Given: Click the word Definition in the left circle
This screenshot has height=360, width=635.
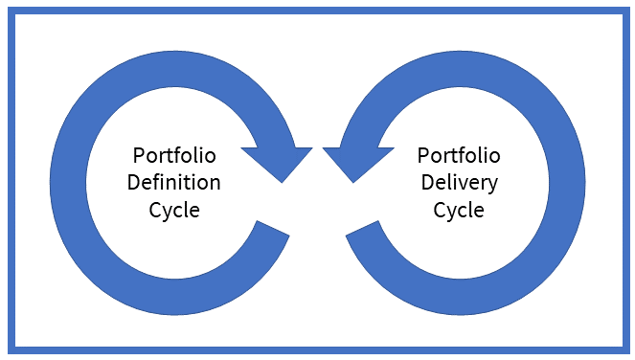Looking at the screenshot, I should [175, 182].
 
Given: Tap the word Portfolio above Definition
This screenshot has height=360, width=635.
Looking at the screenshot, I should [175, 155].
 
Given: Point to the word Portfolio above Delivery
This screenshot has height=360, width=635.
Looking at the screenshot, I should [458, 155].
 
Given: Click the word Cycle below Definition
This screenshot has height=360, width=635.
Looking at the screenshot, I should [175, 209].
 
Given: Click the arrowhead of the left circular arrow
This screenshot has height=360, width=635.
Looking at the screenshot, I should [279, 162].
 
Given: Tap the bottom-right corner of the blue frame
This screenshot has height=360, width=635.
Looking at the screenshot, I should [623, 349].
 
